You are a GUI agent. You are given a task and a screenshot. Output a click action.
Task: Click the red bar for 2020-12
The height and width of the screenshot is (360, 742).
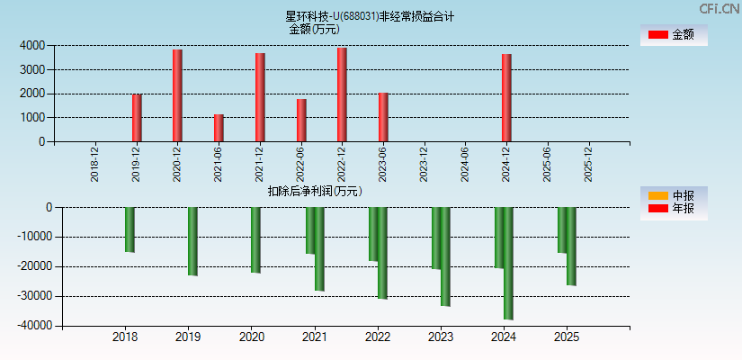[x=177, y=95]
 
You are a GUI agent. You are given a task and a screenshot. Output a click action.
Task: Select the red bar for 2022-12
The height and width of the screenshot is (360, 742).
[x=342, y=94]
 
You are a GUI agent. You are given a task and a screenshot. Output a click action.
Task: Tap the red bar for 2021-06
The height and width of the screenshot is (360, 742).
[x=219, y=128]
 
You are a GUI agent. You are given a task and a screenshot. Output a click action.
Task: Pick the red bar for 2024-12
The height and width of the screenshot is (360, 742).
[x=506, y=97]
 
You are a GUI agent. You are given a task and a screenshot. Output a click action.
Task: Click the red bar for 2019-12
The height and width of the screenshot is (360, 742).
[x=137, y=118]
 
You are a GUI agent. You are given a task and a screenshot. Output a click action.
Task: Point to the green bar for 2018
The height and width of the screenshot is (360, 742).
[x=130, y=229]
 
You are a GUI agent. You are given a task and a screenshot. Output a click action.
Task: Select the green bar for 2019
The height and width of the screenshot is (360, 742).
[x=192, y=241]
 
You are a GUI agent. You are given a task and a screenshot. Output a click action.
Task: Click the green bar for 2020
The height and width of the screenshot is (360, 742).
[x=255, y=239]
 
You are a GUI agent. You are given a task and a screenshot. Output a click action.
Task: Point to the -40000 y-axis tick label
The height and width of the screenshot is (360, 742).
[x=33, y=326]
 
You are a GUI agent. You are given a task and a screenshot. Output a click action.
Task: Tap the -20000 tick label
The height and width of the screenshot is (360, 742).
[x=33, y=266]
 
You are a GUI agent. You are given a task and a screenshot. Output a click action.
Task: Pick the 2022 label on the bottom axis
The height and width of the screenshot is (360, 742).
[x=378, y=337]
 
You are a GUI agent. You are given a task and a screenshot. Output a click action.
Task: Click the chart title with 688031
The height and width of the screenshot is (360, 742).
[x=370, y=16]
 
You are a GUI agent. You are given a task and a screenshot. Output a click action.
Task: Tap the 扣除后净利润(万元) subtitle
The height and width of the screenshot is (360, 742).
[x=315, y=191]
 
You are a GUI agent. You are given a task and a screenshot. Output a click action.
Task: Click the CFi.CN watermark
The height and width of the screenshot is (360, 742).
[x=720, y=8]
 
